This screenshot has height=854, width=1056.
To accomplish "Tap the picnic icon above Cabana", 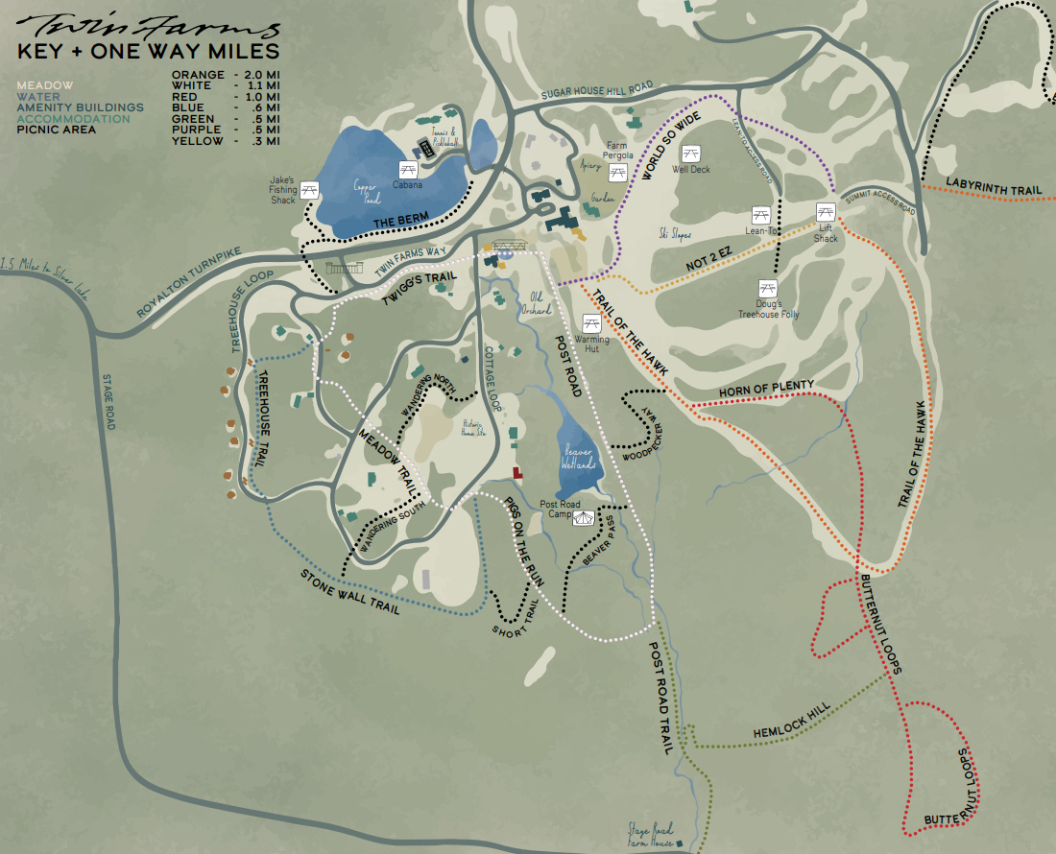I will (407, 169).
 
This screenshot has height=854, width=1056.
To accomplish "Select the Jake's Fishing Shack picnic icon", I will (310, 190).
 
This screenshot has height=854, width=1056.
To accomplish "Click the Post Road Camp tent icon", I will (584, 518).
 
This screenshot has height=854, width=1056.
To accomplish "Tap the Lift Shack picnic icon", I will (825, 211).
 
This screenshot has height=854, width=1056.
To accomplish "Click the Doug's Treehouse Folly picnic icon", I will (767, 288).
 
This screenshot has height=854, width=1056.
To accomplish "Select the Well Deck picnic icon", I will (690, 153).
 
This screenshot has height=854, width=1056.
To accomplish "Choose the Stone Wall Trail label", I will (349, 593).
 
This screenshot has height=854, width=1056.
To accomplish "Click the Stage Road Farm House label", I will (651, 831).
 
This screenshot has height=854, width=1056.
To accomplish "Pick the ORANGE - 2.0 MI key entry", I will (226, 74).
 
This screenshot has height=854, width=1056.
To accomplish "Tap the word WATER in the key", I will (37, 96).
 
